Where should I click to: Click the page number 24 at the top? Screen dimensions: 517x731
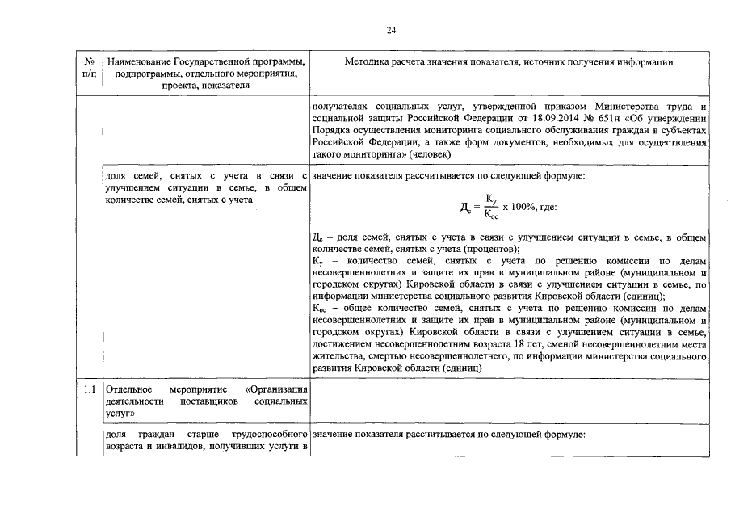point(391,31)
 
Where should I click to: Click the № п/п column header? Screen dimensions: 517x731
point(88,68)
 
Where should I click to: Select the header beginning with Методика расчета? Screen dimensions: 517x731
point(509,62)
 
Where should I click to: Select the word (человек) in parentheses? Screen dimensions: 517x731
point(431,153)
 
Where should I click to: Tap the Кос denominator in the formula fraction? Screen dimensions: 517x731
point(491,215)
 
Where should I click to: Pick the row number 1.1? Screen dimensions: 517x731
point(89,389)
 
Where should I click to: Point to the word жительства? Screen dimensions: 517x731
point(338,355)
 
